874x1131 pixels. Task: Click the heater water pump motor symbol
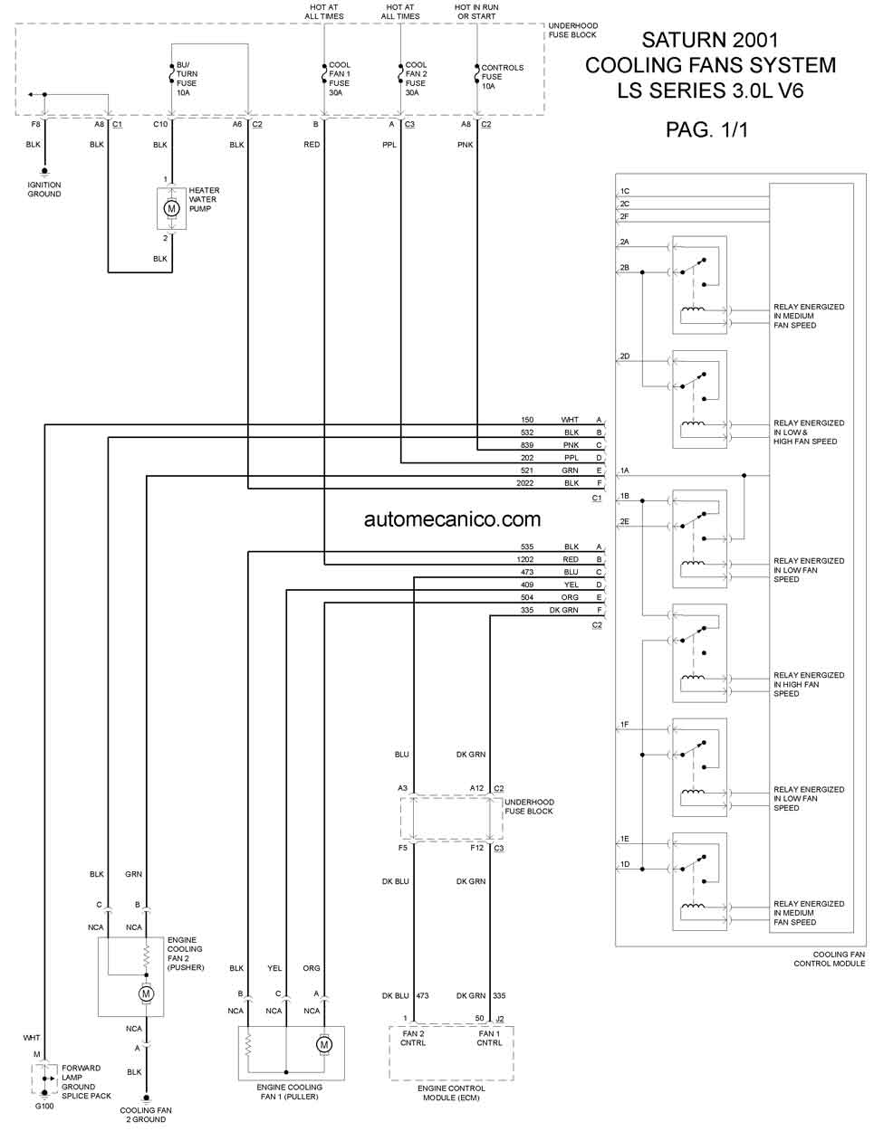coord(171,209)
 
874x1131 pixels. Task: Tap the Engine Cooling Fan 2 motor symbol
coord(147,993)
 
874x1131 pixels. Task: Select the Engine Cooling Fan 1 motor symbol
coord(324,1044)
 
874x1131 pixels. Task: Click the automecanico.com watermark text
coord(452,519)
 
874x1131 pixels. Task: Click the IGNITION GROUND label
coord(44,189)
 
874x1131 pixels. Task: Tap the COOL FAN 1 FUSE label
coord(340,74)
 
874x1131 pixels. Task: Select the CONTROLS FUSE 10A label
coord(502,77)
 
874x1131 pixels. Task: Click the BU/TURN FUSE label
coord(187,74)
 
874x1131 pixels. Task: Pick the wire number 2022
coord(525,483)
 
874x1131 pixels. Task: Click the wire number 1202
coord(525,559)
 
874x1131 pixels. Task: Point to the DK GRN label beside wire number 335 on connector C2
coord(563,610)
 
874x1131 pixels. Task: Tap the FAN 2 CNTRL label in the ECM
coord(413,1039)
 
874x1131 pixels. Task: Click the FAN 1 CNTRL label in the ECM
coord(489,1039)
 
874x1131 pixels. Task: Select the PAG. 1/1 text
coord(706,129)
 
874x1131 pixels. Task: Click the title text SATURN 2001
coord(710,40)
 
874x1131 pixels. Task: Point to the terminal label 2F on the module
coord(624,216)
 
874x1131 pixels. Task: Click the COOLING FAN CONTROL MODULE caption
coord(830,959)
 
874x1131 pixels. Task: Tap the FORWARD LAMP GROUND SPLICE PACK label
coord(86,1081)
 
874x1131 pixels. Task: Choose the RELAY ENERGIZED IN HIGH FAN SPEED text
coord(809,684)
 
